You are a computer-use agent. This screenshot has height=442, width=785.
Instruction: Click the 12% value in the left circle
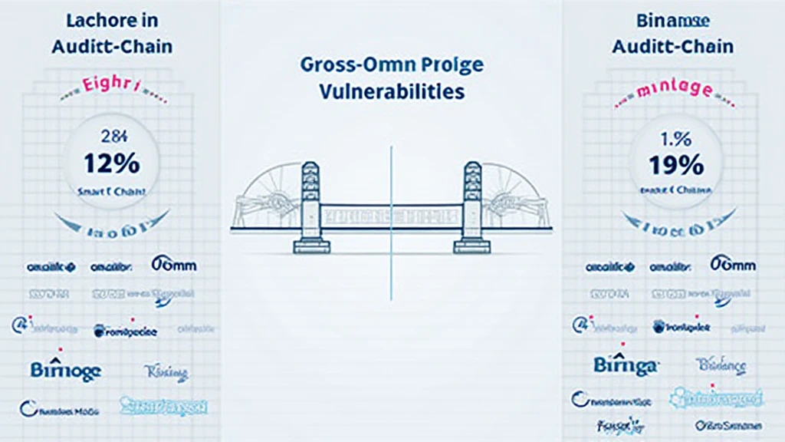(112, 163)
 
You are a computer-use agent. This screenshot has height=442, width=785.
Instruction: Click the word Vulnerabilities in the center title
(391, 91)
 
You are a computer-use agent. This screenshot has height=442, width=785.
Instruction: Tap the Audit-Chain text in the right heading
(672, 46)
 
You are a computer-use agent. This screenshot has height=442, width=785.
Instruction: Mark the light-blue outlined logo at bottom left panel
(164, 407)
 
